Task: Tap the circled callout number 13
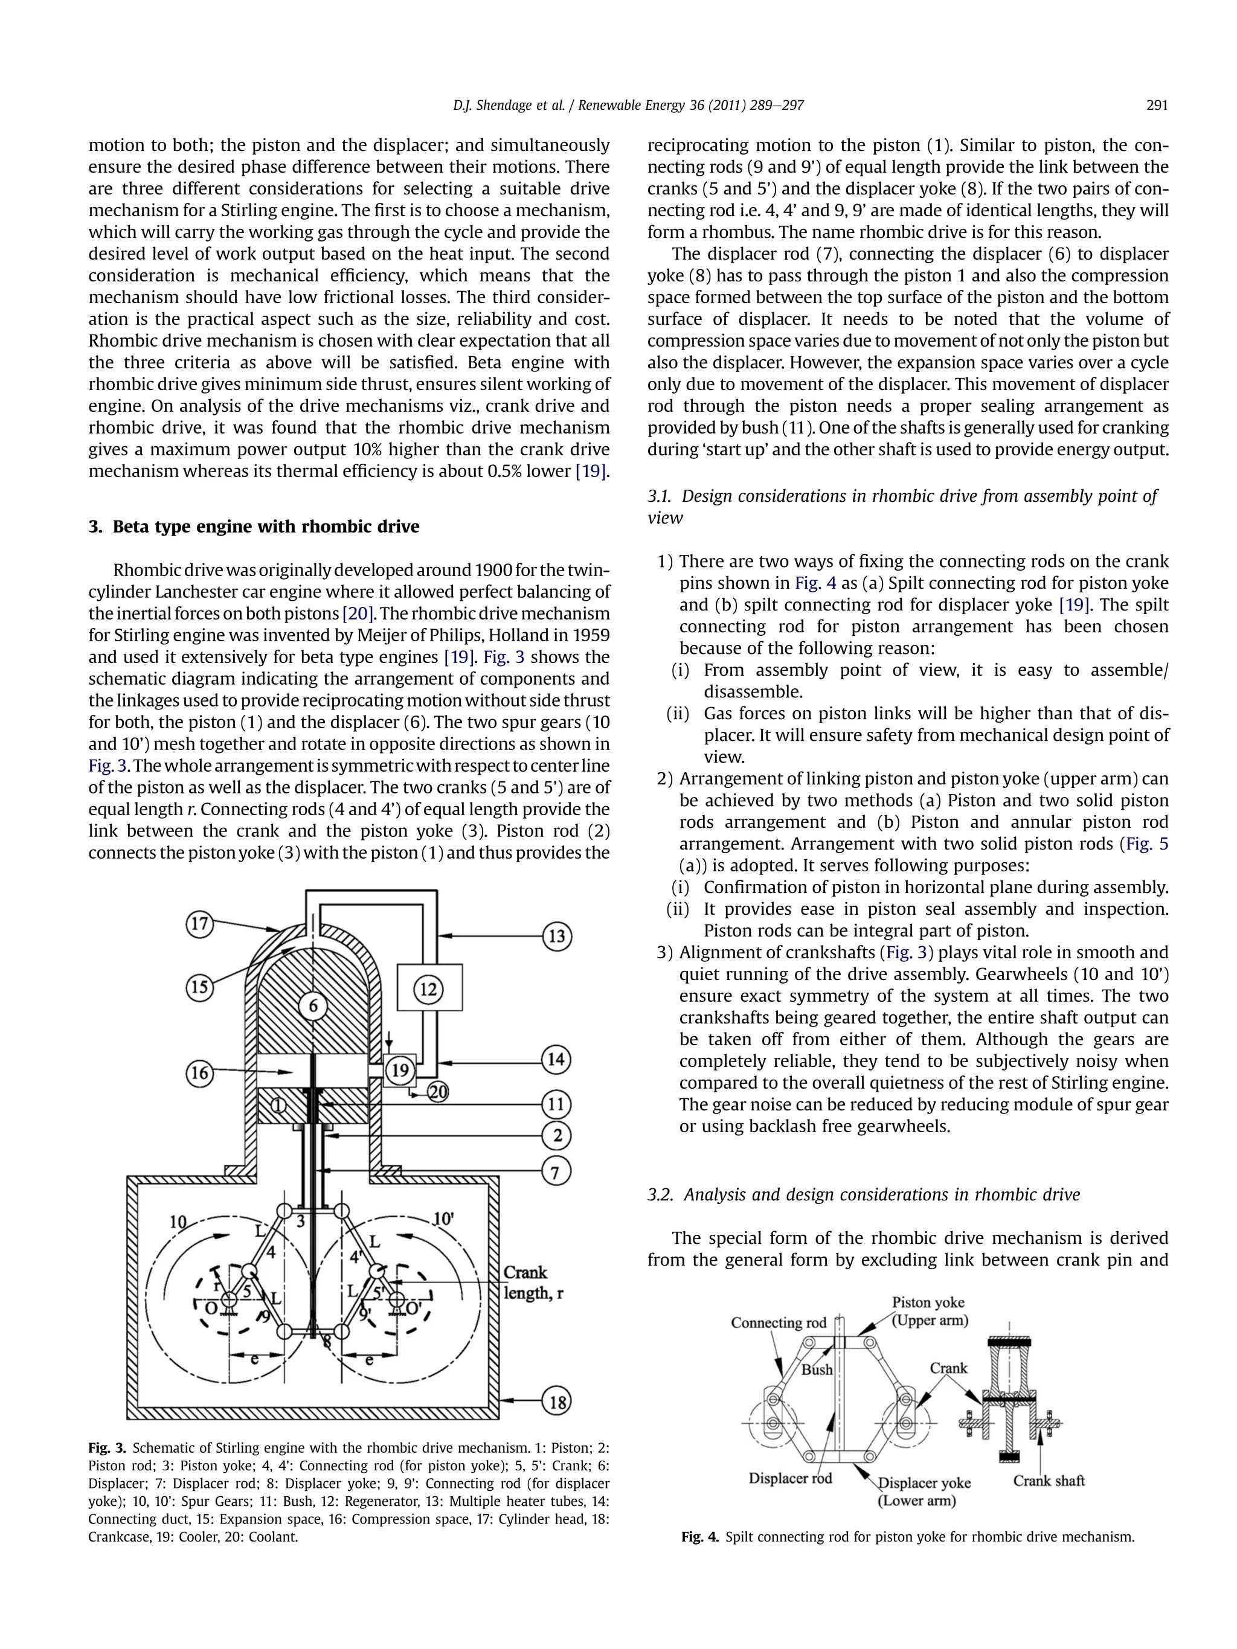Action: click(556, 937)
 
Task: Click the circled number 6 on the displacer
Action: click(313, 1007)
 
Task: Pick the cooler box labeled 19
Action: click(400, 1071)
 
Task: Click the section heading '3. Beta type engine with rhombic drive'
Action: click(254, 527)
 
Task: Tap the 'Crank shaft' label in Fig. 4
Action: click(1049, 1481)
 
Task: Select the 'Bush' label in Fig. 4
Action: click(817, 1369)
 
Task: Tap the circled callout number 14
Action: click(556, 1059)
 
